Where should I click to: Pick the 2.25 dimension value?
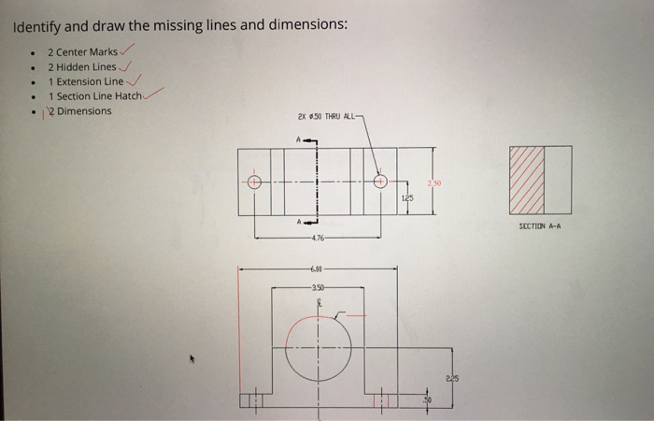click(453, 379)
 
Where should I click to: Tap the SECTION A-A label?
click(539, 225)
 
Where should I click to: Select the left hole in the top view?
click(252, 182)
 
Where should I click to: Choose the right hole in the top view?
click(380, 182)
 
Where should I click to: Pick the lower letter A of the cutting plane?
click(299, 223)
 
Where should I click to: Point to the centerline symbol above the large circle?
click(318, 303)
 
